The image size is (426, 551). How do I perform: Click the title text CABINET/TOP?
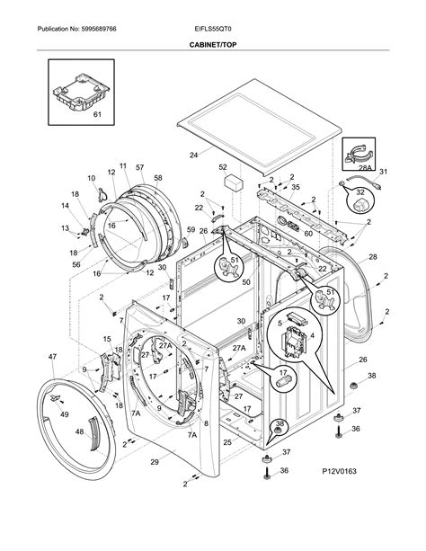[212, 43]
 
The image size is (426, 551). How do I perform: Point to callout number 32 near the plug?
[360, 191]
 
